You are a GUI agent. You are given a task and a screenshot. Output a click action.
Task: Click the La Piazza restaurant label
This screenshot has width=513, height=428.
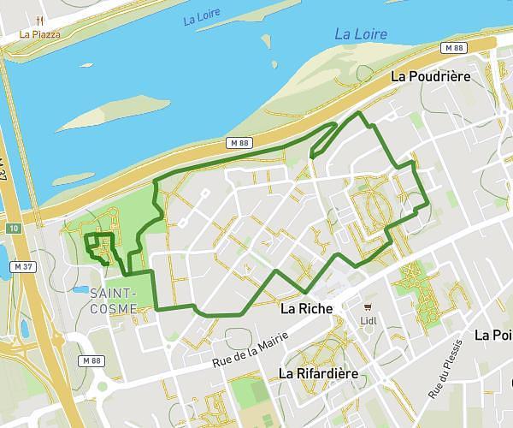(x=40, y=35)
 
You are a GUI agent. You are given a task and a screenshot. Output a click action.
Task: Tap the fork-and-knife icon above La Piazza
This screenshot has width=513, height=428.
(x=40, y=21)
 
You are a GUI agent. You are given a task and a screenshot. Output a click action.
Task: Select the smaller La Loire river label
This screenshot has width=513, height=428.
(x=202, y=18)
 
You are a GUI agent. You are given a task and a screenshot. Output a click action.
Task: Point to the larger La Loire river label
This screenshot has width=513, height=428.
(x=360, y=34)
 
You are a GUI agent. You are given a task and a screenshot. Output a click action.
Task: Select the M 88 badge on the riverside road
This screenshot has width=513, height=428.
(x=237, y=141)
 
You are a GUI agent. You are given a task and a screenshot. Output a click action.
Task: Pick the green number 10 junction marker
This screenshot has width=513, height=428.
(x=14, y=229)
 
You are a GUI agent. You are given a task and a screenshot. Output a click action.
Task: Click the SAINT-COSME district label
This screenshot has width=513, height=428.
(x=112, y=300)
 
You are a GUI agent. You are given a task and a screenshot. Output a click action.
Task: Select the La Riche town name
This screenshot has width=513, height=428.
(x=305, y=307)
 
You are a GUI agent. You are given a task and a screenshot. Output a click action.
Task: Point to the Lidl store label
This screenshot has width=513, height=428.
(x=369, y=322)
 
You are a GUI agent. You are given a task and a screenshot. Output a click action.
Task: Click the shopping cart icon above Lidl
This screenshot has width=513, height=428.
(x=369, y=306)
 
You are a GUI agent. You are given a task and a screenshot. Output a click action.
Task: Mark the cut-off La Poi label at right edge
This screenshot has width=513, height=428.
(x=493, y=335)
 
